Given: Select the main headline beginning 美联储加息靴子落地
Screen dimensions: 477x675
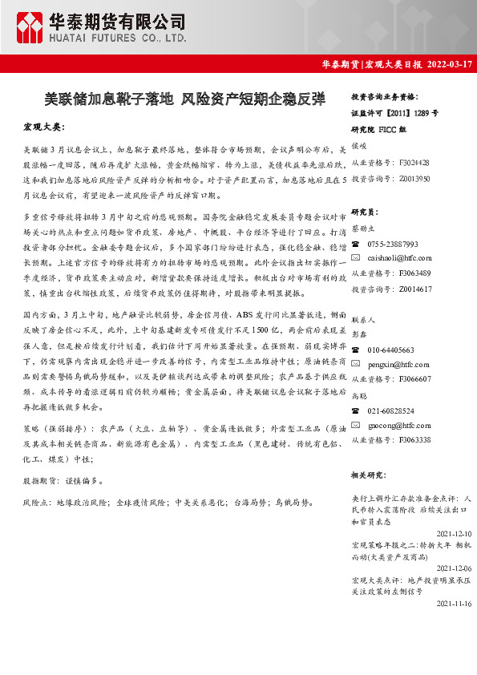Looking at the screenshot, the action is (185, 99).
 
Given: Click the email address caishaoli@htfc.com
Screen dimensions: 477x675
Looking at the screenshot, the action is (399, 258).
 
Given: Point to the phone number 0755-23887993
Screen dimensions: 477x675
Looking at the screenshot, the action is (394, 244).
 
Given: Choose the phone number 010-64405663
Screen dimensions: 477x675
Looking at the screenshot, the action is (391, 350).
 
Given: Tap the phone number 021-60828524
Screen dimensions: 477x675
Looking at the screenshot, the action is (391, 410).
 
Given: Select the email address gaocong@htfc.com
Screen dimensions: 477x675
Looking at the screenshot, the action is (398, 425).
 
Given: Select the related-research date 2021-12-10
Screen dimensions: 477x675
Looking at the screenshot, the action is (452, 532).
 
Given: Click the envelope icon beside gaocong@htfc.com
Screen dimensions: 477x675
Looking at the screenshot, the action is (356, 425).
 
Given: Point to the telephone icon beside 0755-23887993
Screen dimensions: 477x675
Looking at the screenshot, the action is (356, 244).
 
